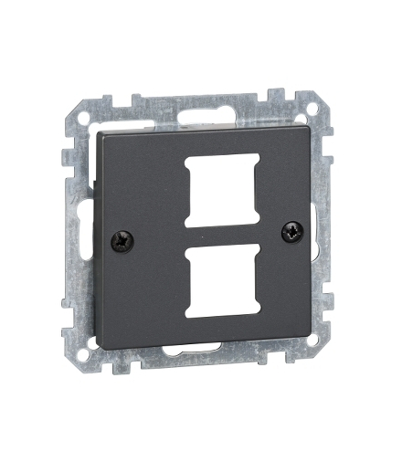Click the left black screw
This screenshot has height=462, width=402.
click(x=122, y=242)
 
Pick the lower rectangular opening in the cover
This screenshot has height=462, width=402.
click(x=217, y=283)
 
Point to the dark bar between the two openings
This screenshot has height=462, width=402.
click(x=217, y=235)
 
